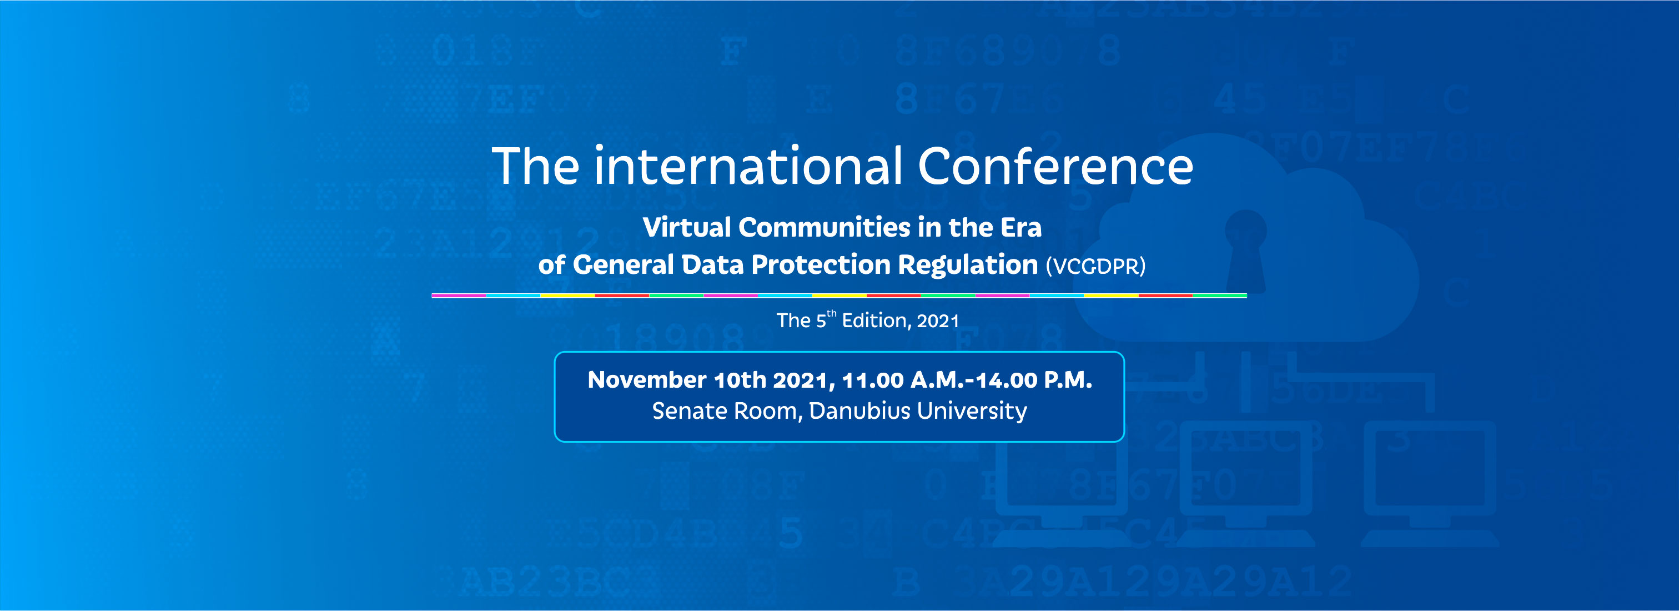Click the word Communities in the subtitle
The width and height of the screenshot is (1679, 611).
(x=825, y=228)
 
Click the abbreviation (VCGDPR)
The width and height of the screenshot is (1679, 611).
(x=1095, y=266)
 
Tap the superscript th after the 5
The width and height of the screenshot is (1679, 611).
(x=831, y=314)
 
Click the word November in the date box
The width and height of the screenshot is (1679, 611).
(x=647, y=379)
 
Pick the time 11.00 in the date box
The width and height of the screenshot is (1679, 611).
(x=873, y=379)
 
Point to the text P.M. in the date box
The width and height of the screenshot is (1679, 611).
(x=1068, y=379)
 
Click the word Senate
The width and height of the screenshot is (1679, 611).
(x=692, y=411)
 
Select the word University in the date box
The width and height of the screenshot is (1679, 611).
(x=972, y=411)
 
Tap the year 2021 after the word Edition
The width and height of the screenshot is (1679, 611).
(x=938, y=321)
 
